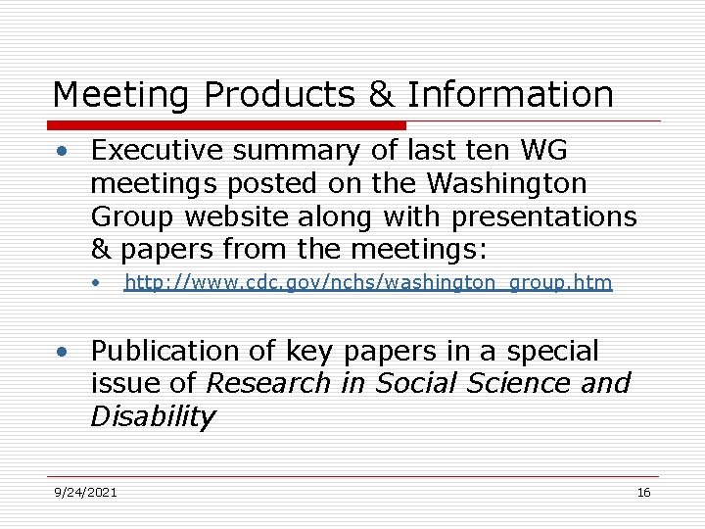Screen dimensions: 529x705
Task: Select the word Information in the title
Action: pos(510,95)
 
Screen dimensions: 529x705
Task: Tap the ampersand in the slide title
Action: pos(380,95)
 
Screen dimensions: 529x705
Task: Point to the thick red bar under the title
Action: pos(227,125)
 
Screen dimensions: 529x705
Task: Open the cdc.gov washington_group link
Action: pos(368,283)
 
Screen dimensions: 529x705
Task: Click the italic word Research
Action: pos(267,383)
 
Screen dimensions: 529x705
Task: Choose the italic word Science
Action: pos(518,383)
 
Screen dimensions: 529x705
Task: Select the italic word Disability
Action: pos(152,416)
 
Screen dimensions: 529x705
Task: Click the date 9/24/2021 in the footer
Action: pos(85,493)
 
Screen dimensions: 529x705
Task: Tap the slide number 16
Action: pos(643,493)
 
